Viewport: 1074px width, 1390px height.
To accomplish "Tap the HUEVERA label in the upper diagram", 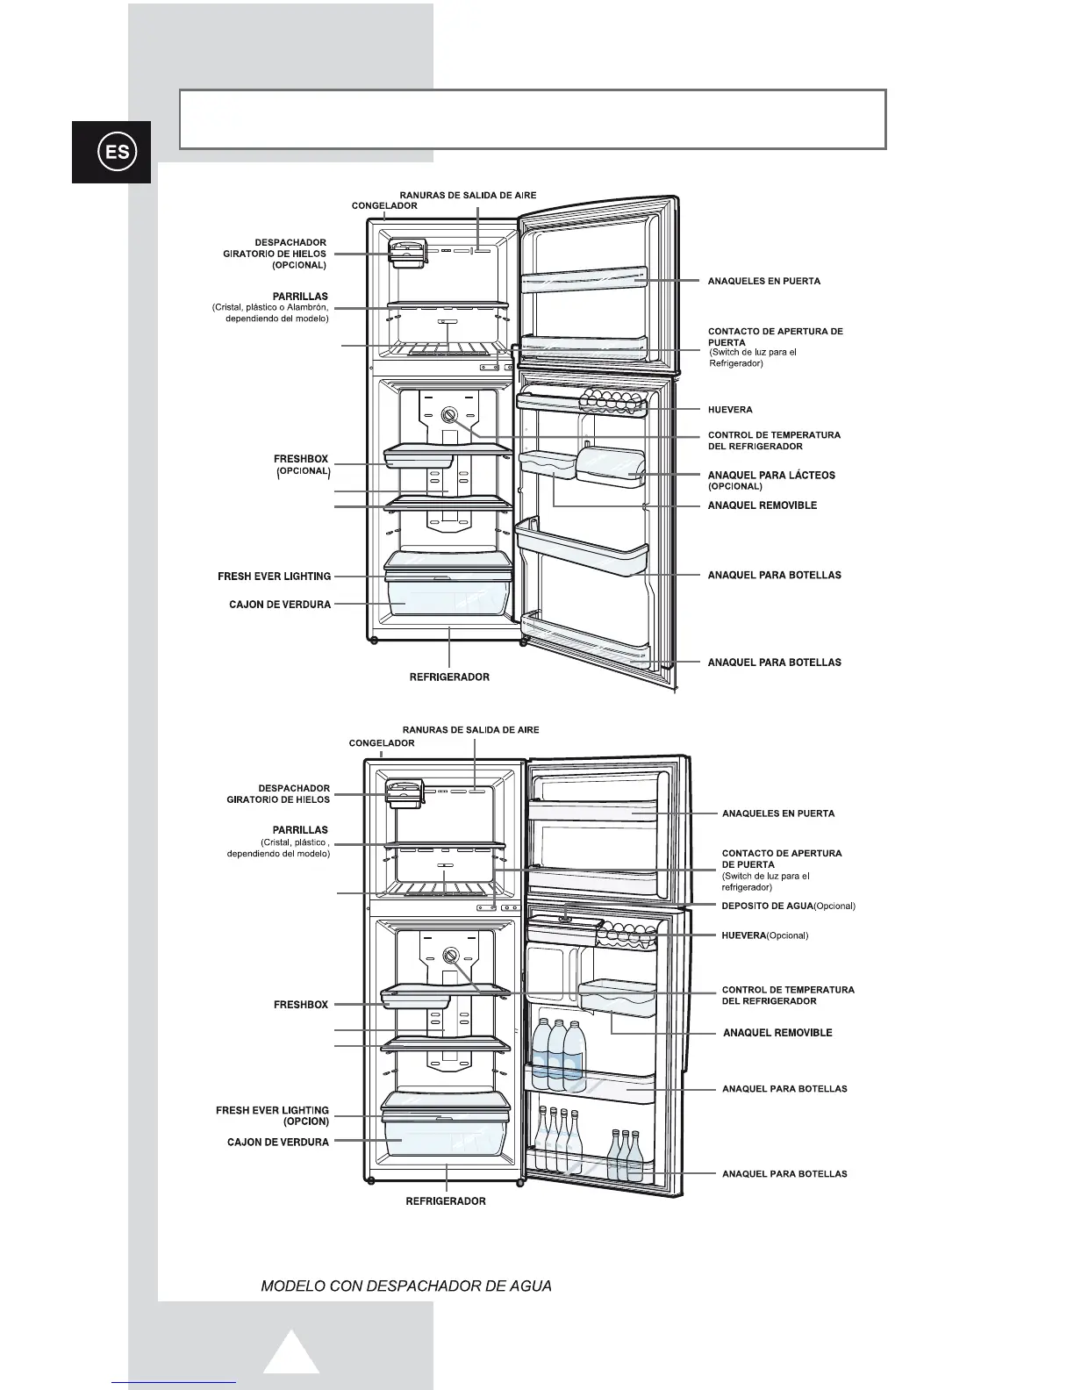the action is point(730,410).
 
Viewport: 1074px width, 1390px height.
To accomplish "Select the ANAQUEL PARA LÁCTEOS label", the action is point(771,475).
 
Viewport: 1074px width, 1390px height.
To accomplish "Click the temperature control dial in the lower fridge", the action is point(452,956).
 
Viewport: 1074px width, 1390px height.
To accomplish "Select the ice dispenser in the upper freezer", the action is point(406,254).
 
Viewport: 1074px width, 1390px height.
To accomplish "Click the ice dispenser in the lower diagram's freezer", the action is point(403,793).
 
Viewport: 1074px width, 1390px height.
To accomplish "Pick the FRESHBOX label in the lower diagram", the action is point(300,1005).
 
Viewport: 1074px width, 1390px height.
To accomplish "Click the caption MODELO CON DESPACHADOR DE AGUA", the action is point(406,1286).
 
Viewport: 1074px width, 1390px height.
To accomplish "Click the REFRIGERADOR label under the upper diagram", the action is point(449,677).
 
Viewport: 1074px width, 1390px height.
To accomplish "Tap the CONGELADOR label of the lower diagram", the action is point(382,743).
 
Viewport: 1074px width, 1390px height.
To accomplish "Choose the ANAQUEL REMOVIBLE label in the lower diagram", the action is point(777,1033).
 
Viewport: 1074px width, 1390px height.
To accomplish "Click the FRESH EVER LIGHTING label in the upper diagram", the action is point(274,577).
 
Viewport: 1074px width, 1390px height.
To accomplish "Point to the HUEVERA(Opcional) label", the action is point(764,935).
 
